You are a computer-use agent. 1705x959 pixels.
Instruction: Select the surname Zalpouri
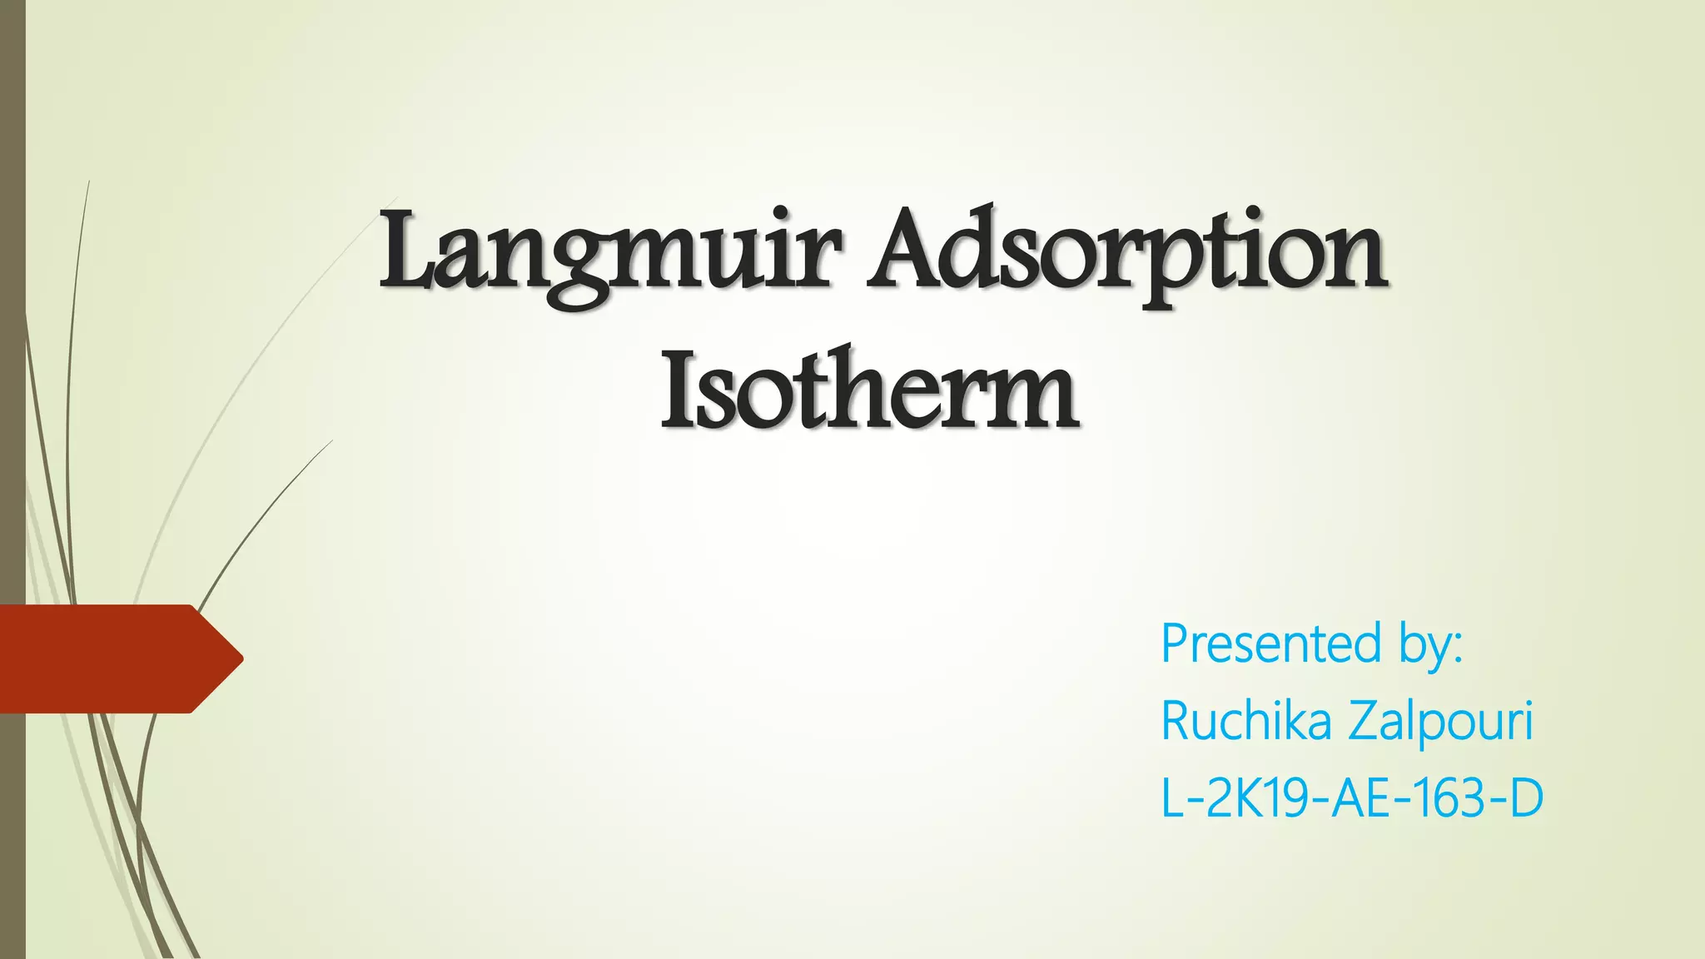1440,721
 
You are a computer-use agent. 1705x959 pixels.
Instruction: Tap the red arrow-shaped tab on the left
117,658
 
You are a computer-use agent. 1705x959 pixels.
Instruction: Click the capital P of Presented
1176,644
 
